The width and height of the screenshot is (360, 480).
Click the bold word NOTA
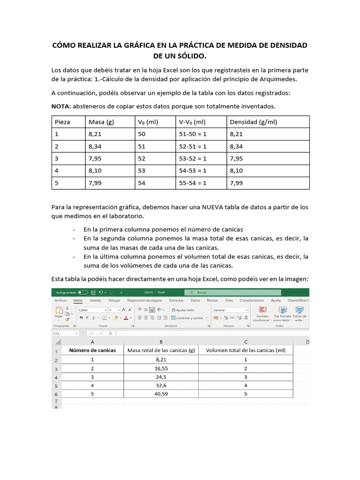click(x=61, y=106)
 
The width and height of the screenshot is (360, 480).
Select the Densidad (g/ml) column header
click(x=253, y=122)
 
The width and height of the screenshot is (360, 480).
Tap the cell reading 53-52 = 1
click(x=193, y=158)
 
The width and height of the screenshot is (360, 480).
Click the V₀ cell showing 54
click(x=142, y=183)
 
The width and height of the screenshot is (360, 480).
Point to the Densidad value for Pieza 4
click(x=237, y=171)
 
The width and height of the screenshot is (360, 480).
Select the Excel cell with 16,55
click(x=161, y=368)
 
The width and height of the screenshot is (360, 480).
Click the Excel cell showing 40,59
click(x=161, y=394)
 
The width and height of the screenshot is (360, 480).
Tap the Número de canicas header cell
click(x=92, y=350)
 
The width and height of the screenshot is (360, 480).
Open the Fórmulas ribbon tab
click(x=176, y=300)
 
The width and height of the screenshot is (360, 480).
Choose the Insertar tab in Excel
click(x=95, y=300)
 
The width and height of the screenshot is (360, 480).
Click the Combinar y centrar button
click(x=190, y=318)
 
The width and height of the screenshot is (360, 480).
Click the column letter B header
click(x=161, y=342)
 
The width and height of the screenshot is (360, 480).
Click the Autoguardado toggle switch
click(x=83, y=292)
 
